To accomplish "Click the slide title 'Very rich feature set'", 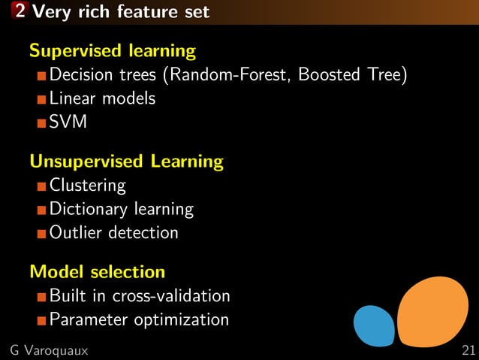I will [x=122, y=12].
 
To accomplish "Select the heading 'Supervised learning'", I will [x=113, y=51].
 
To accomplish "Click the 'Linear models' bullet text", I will [x=102, y=98].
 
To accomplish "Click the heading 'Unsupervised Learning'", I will [x=126, y=161].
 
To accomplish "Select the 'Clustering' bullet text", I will [x=87, y=185].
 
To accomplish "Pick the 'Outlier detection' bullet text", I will [x=114, y=232].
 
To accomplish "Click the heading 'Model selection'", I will [x=97, y=271].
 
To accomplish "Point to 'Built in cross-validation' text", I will [x=140, y=295].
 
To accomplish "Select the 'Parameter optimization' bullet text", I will [x=139, y=319].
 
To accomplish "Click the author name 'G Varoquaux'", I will [x=49, y=350].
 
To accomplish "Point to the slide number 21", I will [x=469, y=350].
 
